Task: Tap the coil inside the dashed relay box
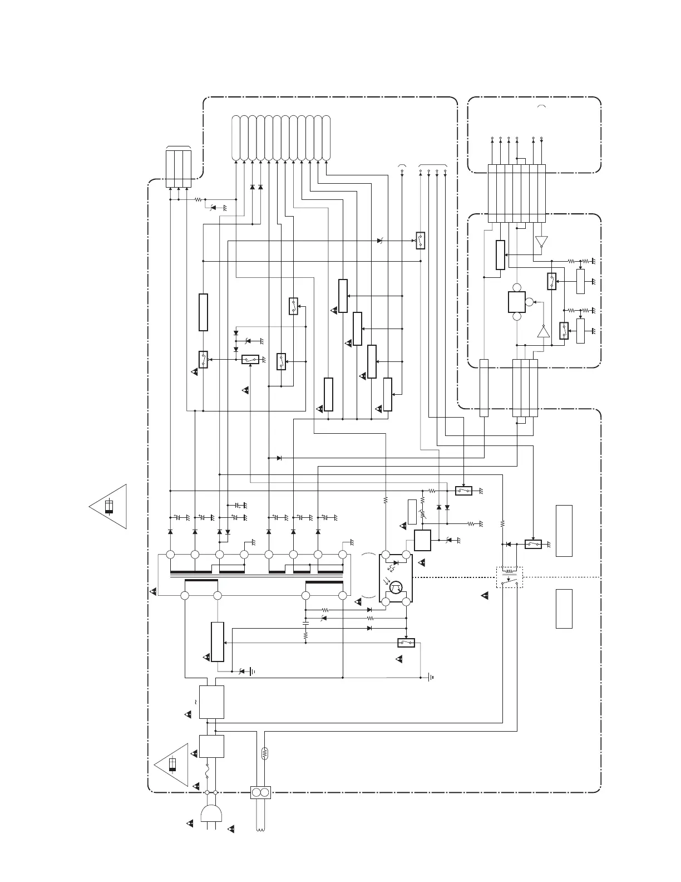point(510,571)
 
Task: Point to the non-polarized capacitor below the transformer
point(305,621)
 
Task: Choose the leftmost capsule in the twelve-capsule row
point(235,138)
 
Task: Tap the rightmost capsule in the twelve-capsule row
point(326,138)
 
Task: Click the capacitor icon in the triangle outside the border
point(110,506)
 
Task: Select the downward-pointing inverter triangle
point(541,242)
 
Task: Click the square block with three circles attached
point(517,302)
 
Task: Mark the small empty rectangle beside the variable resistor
point(412,512)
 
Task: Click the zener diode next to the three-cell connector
point(211,207)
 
